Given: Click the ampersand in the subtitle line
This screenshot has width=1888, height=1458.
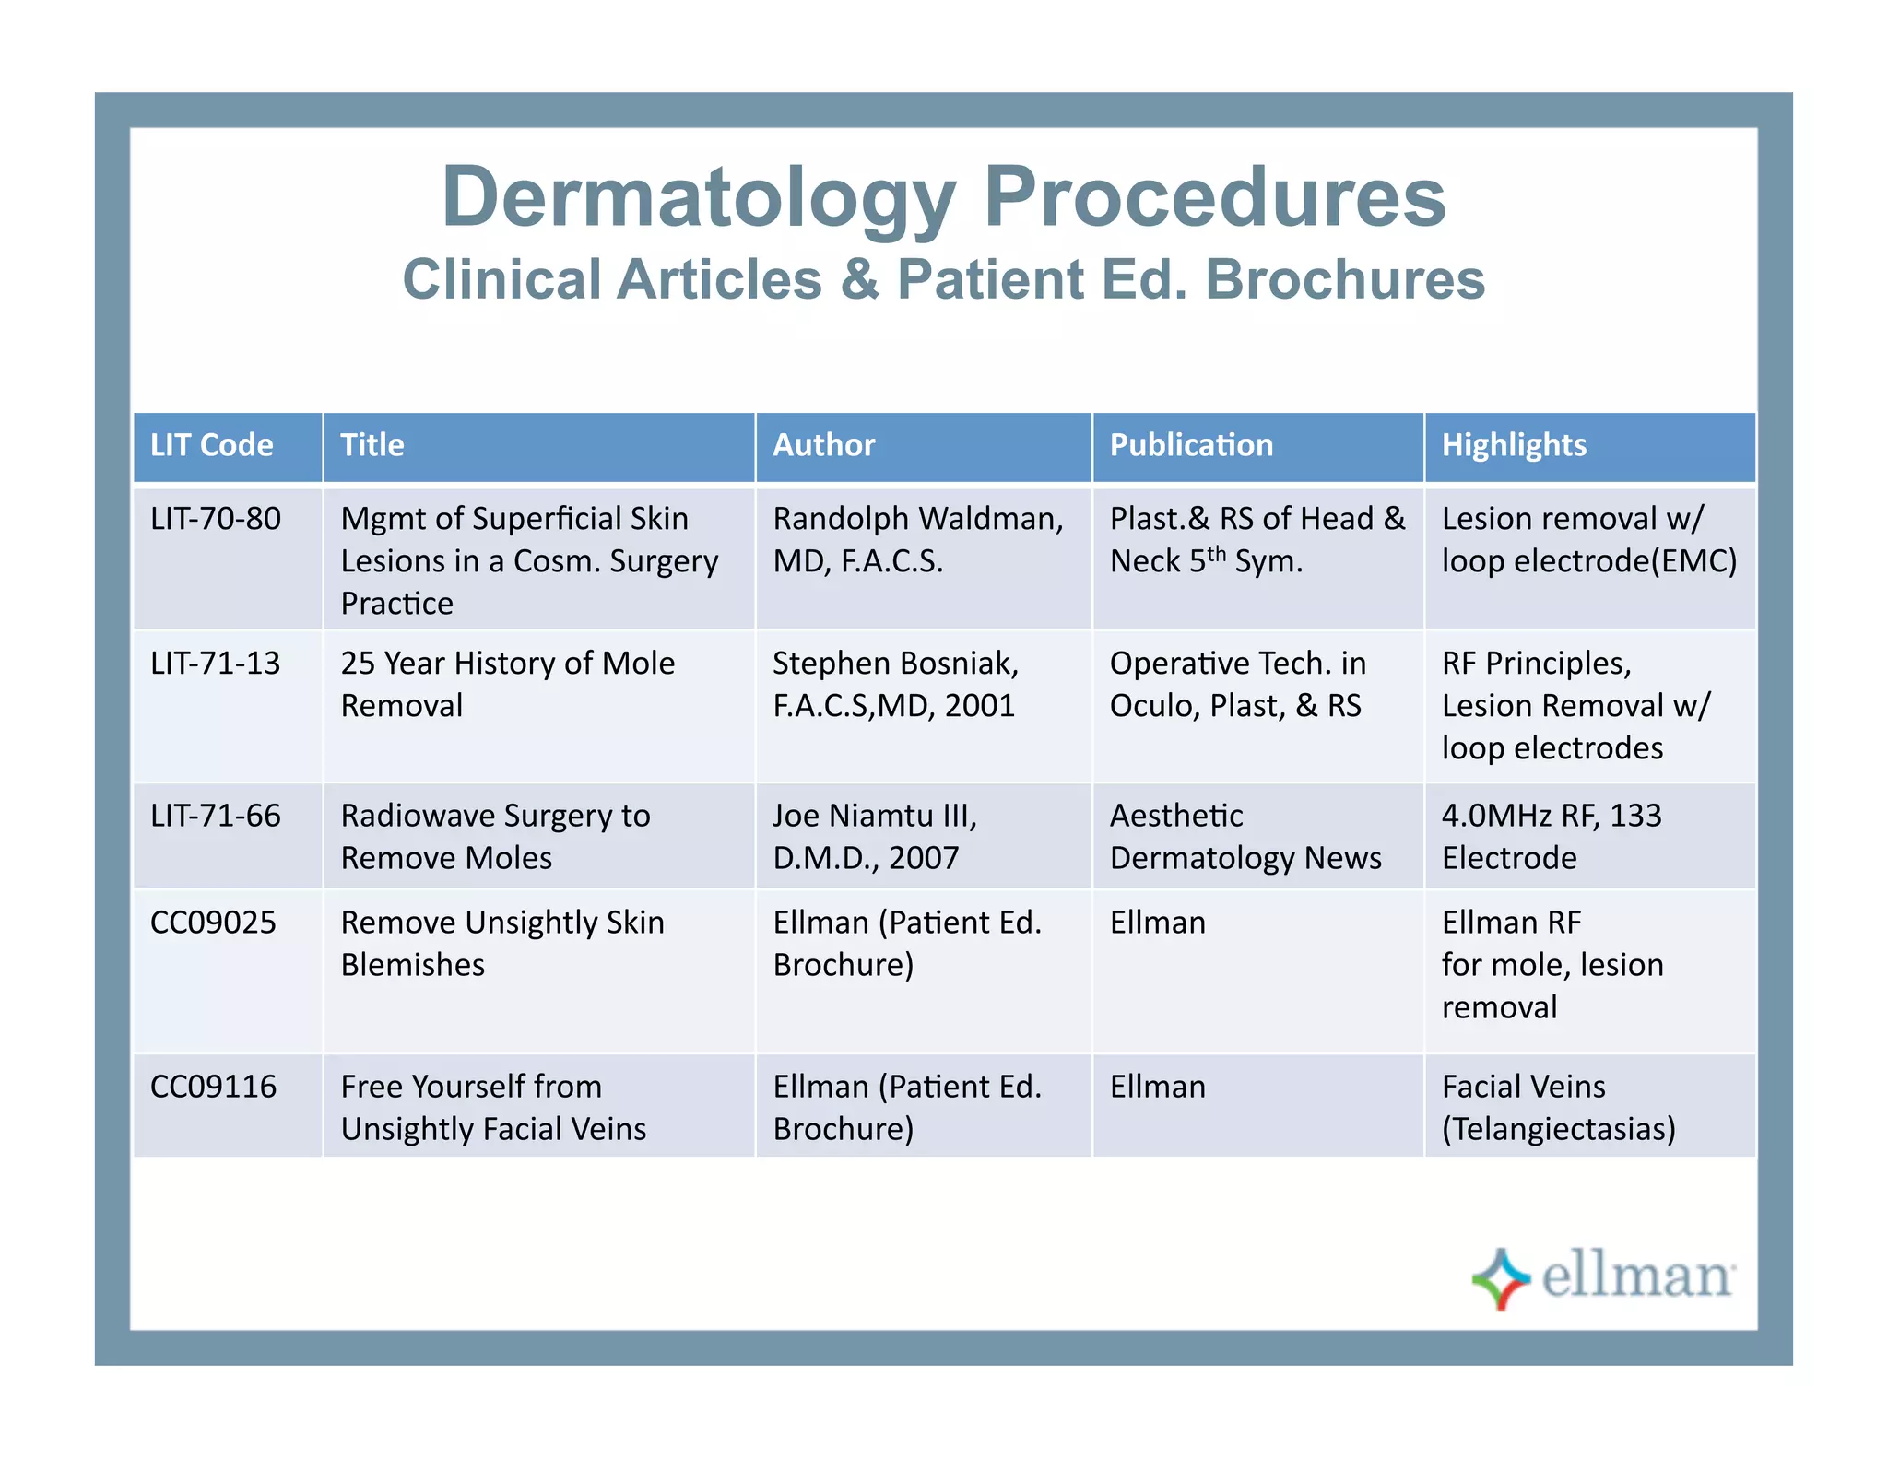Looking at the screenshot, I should [x=859, y=279].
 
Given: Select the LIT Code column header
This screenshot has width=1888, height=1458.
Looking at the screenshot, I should [x=212, y=445].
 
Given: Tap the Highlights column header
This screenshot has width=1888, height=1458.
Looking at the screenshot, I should [x=1514, y=445].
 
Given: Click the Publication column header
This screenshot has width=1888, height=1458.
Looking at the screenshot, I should [x=1191, y=445].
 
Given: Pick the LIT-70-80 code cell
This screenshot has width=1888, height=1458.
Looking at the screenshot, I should [x=216, y=519].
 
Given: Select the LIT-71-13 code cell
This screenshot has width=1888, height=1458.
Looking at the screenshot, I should [x=216, y=664].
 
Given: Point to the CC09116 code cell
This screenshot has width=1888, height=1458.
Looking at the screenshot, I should [x=213, y=1087].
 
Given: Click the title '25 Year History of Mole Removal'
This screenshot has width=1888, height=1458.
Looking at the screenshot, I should [x=507, y=684].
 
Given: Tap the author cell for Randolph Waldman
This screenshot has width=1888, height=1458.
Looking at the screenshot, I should [x=917, y=539].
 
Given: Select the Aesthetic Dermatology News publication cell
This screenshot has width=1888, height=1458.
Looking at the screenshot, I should [x=1245, y=837].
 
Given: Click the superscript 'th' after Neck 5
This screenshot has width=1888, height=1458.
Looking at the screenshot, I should [x=1217, y=554].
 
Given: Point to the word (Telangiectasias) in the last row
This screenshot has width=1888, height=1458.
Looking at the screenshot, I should [x=1558, y=1129].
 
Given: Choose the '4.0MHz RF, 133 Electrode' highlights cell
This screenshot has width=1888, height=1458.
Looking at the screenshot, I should [x=1552, y=837].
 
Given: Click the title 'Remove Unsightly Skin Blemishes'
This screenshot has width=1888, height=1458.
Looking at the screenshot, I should [x=502, y=943].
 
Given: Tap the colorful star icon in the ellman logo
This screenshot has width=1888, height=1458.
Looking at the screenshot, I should [x=1501, y=1278].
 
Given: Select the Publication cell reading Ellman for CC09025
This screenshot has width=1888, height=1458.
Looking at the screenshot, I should [x=1158, y=923].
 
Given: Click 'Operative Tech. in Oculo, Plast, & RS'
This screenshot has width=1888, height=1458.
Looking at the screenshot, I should [x=1237, y=684].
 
